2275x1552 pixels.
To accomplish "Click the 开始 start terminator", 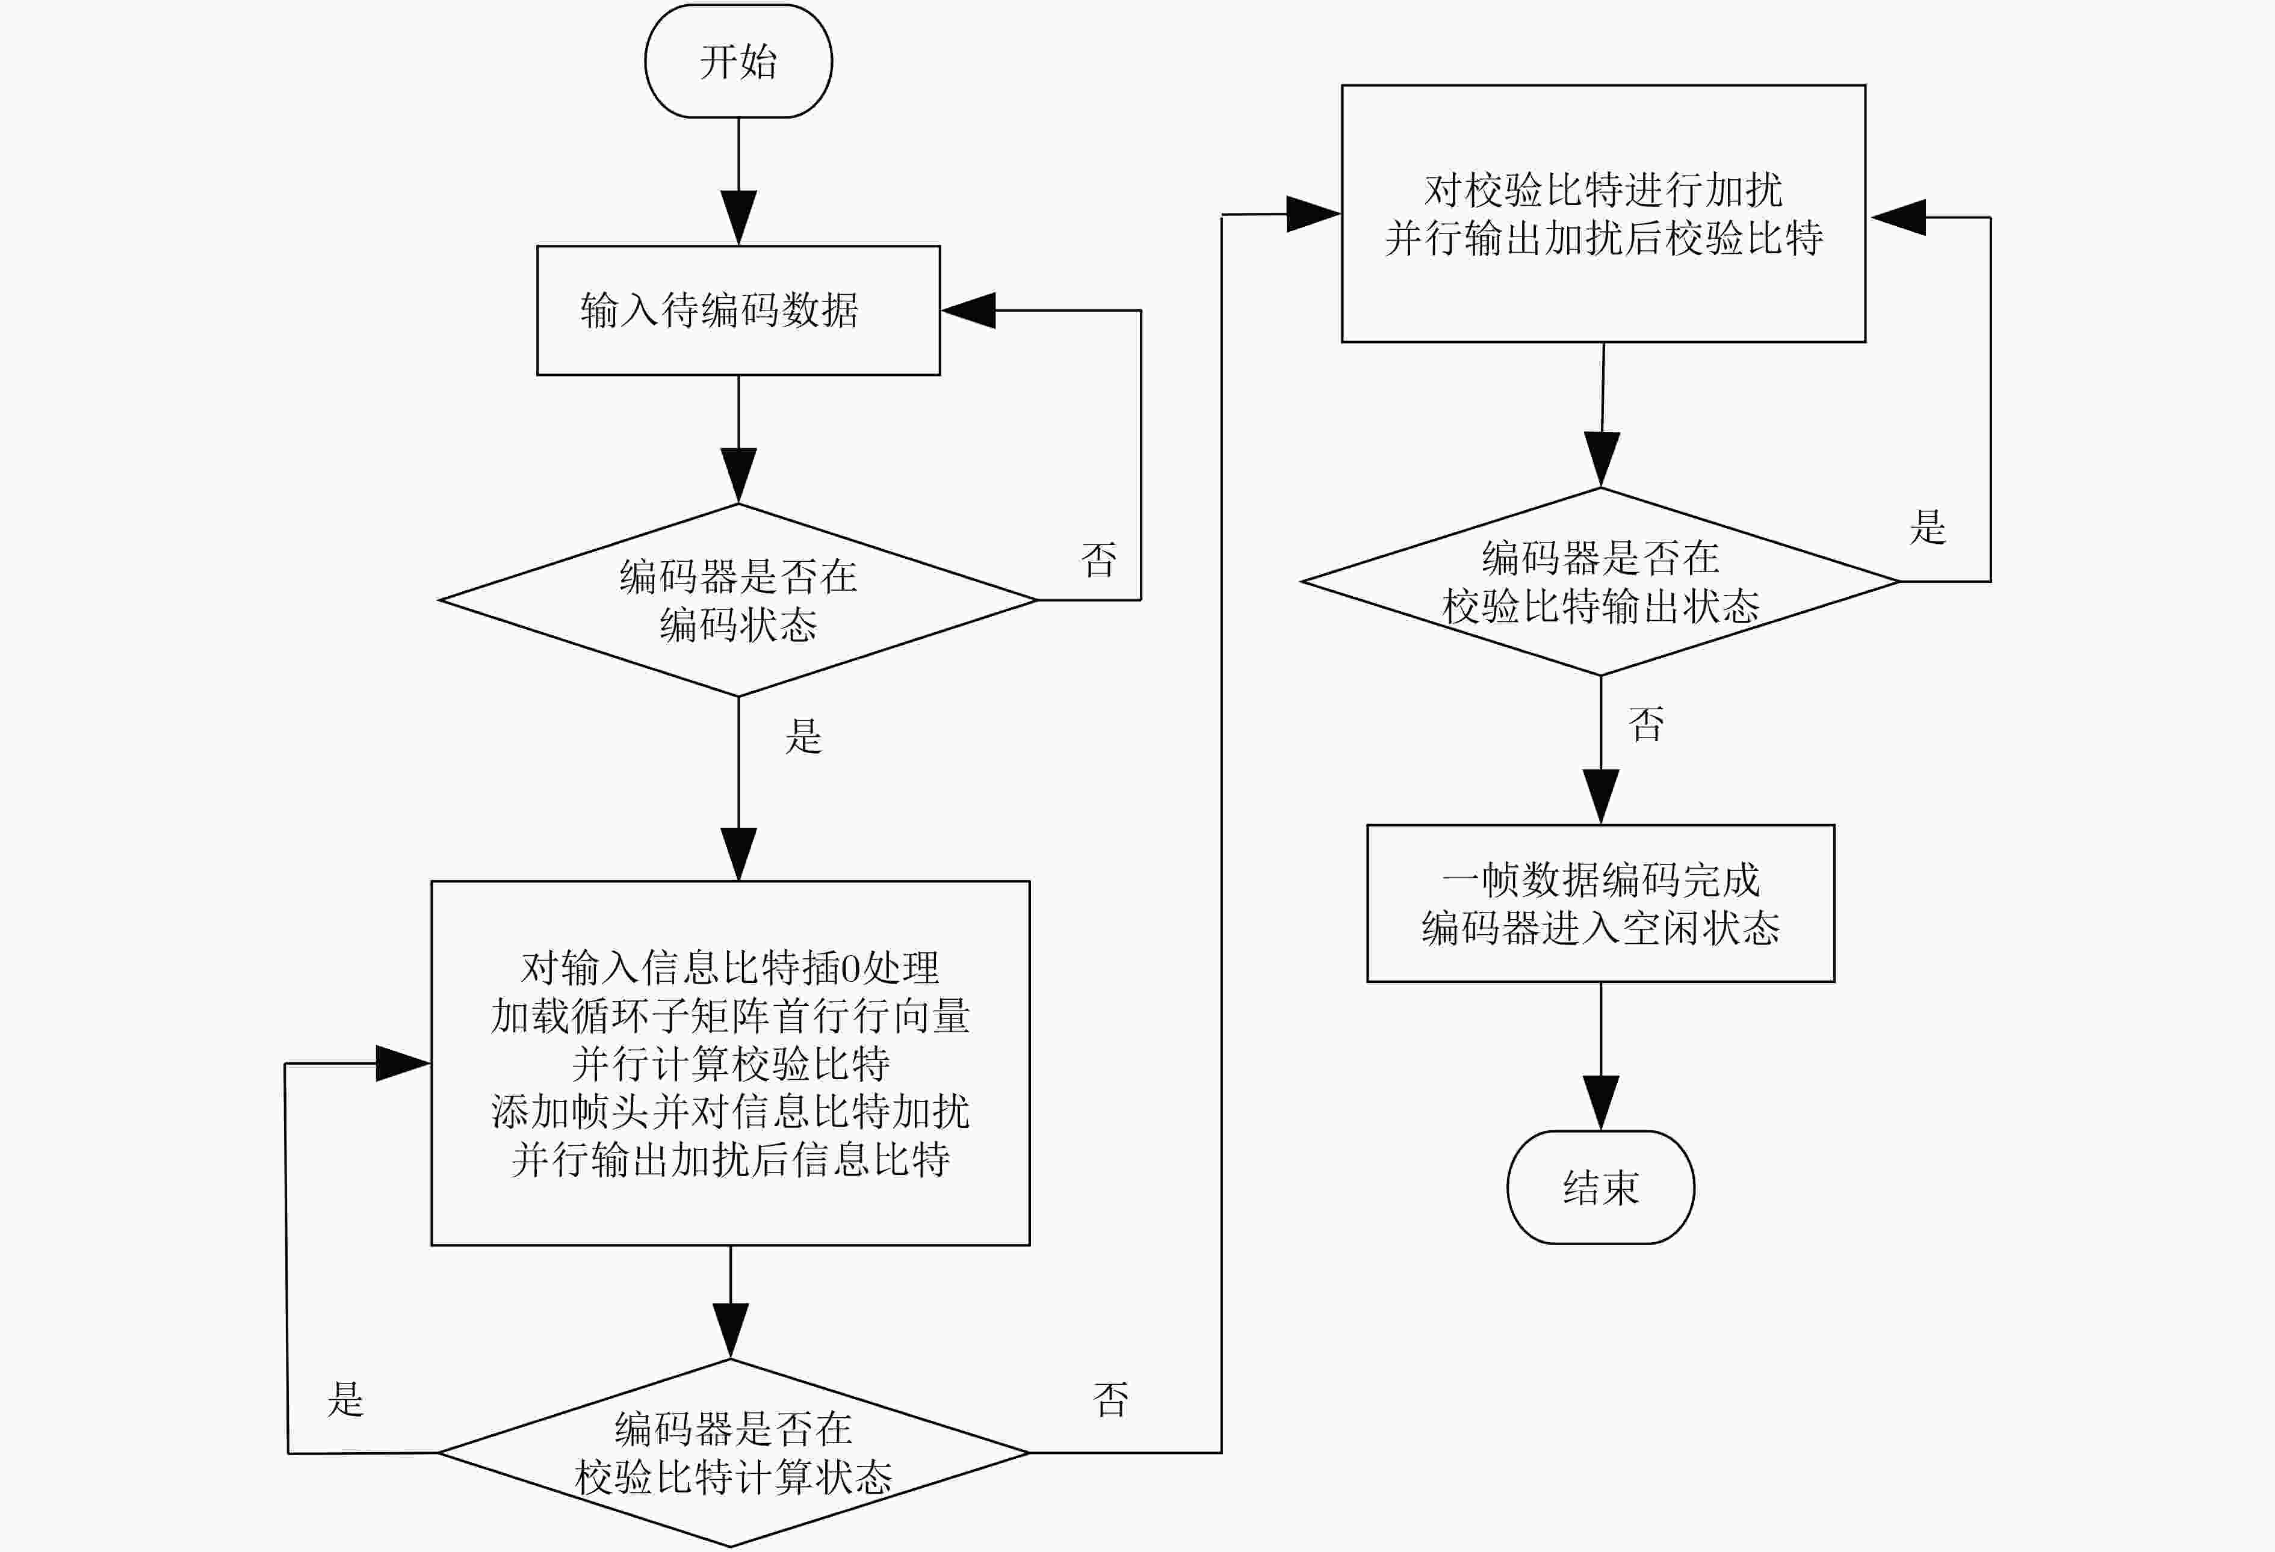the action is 738,61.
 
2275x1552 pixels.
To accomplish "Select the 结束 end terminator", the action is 1600,1187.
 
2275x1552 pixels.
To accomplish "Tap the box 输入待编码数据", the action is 738,310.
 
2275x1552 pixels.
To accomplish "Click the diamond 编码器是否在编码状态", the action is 738,600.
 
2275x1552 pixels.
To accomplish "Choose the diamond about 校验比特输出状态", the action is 1600,581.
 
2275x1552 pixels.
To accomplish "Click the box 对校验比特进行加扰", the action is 1603,214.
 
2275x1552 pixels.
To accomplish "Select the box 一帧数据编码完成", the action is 1600,903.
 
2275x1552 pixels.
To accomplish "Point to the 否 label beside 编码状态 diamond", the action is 1098,559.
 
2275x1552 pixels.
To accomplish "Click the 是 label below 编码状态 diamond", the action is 803,736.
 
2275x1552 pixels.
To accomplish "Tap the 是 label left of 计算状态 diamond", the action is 345,1399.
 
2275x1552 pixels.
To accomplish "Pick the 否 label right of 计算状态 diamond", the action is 1110,1399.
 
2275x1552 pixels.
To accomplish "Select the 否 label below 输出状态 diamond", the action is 1645,724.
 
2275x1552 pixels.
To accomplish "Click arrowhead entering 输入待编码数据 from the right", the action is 968,310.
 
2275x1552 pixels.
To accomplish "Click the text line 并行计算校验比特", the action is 730,1063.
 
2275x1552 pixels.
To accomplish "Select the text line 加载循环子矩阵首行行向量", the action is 730,1015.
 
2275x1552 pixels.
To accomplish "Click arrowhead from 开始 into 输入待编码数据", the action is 738,217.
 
